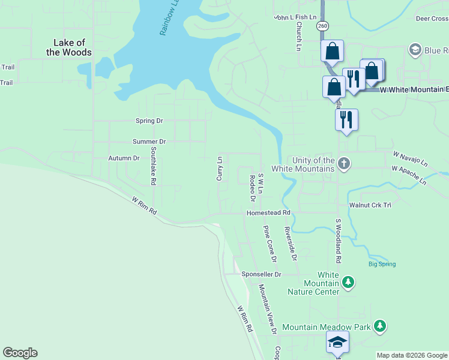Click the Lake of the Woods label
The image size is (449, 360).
[x=72, y=47]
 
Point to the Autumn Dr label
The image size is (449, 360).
[x=124, y=158]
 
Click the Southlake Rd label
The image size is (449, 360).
[x=154, y=166]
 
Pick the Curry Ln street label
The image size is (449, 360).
[x=220, y=169]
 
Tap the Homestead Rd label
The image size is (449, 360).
[x=268, y=213]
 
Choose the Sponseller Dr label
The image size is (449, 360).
[x=261, y=274]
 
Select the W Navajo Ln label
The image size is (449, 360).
[x=411, y=159]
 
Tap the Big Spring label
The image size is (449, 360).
[x=382, y=264]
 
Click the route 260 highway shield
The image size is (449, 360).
[x=323, y=26]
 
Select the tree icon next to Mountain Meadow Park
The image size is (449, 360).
[x=379, y=326]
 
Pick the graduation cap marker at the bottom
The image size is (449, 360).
[x=337, y=343]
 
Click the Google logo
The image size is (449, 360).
[x=20, y=353]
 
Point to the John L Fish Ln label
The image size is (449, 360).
[x=295, y=17]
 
